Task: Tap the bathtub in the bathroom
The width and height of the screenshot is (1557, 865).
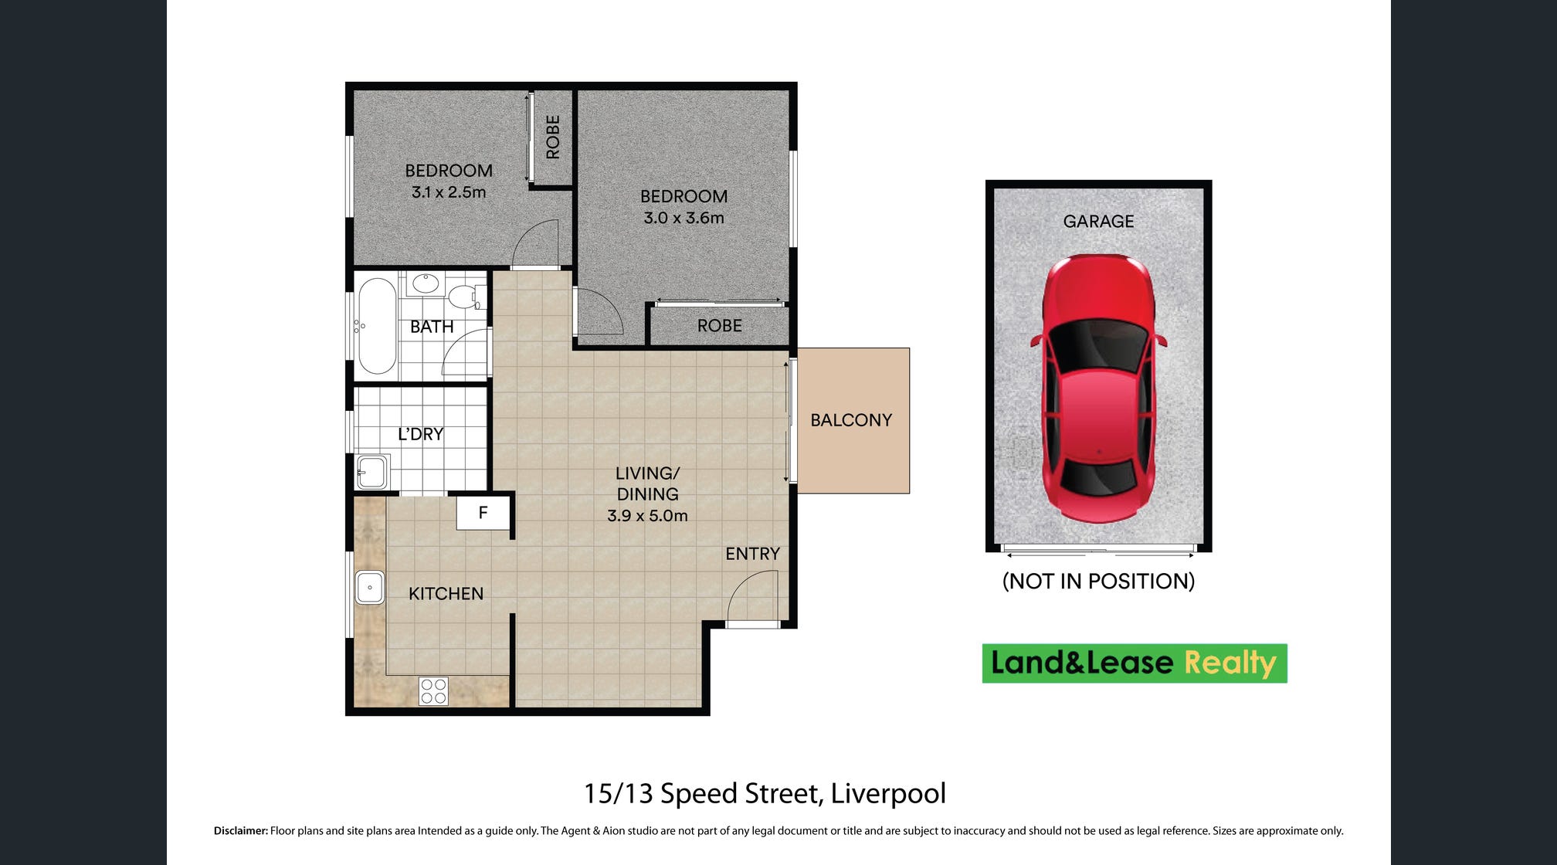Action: [x=377, y=327]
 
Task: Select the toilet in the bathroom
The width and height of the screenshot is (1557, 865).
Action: [x=466, y=296]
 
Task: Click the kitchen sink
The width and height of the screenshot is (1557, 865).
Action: [x=370, y=587]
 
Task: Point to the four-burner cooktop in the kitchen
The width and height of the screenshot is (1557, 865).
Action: [x=433, y=691]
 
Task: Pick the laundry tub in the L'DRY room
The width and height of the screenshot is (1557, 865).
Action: [x=372, y=471]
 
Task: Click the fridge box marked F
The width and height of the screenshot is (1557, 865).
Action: [x=483, y=513]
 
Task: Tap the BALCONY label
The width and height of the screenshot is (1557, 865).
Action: [x=851, y=420]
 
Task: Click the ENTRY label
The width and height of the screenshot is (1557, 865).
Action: [x=753, y=554]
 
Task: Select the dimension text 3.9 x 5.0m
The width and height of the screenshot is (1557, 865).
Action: [x=647, y=515]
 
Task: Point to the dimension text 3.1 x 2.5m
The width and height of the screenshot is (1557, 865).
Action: [x=449, y=192]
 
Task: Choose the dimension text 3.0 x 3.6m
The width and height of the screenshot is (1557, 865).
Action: [x=684, y=218]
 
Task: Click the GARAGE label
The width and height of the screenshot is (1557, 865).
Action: [x=1098, y=222]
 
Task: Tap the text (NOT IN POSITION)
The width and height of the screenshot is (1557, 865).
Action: [x=1098, y=581]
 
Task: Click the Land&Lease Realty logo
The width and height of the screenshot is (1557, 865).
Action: [x=1135, y=663]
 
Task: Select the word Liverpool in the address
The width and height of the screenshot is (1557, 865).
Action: [x=888, y=793]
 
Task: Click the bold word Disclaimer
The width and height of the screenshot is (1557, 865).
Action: [x=241, y=831]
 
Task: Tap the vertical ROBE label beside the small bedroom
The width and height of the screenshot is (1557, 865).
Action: [x=553, y=137]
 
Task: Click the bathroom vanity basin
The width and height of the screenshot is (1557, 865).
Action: [x=426, y=283]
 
